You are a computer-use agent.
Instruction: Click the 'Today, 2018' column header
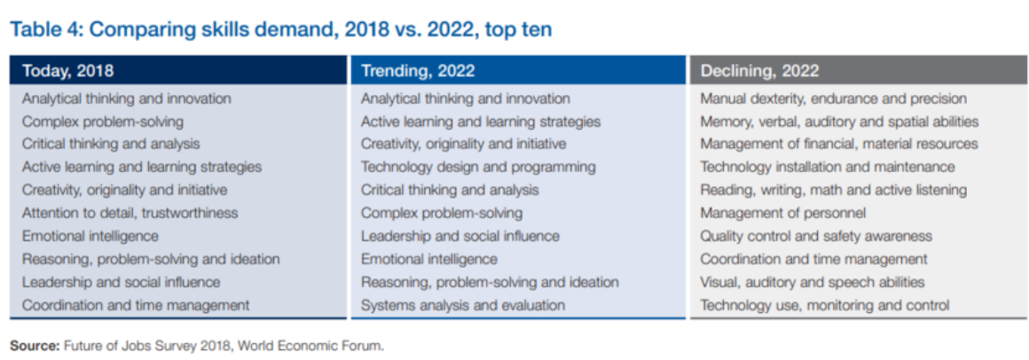click(x=67, y=71)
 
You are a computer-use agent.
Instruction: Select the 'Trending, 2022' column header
click(x=418, y=71)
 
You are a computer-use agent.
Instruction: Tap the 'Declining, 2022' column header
click(x=759, y=71)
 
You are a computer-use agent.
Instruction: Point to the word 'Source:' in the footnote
click(x=34, y=346)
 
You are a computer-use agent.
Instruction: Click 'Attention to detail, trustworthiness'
click(x=130, y=213)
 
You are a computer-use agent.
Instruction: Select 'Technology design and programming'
click(x=478, y=168)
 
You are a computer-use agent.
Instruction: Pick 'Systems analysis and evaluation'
click(x=463, y=305)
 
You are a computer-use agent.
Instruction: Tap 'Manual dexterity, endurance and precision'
click(x=834, y=98)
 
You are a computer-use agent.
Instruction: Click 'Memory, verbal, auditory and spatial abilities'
click(x=839, y=121)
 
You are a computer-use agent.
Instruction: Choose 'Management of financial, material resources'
click(x=839, y=145)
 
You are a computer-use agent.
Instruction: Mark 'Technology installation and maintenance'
click(x=828, y=168)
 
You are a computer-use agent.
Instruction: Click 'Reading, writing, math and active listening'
click(x=834, y=190)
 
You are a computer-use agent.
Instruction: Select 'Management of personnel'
click(x=783, y=213)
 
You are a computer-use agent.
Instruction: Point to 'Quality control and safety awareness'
click(x=816, y=236)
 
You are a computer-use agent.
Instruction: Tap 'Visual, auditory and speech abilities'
click(x=813, y=282)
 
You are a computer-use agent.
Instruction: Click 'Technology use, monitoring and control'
click(x=825, y=305)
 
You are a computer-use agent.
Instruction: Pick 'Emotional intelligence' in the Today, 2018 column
click(x=90, y=236)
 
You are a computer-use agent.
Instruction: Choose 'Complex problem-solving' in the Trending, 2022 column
click(x=442, y=213)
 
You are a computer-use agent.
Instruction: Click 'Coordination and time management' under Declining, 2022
click(x=813, y=259)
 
